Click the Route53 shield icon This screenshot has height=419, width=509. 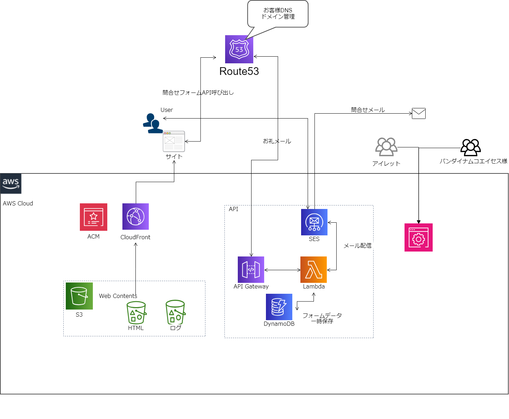click(x=239, y=49)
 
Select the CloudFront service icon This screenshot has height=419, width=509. click(x=135, y=216)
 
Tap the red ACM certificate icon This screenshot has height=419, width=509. click(x=94, y=217)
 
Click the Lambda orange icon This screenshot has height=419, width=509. click(x=313, y=269)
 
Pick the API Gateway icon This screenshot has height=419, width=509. click(x=251, y=269)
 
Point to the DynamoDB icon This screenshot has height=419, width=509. click(x=279, y=307)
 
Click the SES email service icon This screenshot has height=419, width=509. click(x=314, y=222)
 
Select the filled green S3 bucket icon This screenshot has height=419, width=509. click(x=79, y=296)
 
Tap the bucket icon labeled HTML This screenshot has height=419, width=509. click(x=136, y=312)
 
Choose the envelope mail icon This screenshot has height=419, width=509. click(x=419, y=113)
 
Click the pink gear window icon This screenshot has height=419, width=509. click(x=418, y=237)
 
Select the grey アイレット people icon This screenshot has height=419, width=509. click(x=386, y=147)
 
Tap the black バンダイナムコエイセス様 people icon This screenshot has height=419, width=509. click(x=471, y=147)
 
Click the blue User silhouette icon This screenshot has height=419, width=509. click(x=153, y=123)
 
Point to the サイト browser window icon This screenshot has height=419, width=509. click(x=174, y=141)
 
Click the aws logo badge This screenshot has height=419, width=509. click(x=11, y=183)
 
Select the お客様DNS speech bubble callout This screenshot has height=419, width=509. click(x=278, y=14)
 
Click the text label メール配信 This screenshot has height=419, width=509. click(x=357, y=246)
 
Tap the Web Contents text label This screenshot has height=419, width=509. click(x=118, y=296)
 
